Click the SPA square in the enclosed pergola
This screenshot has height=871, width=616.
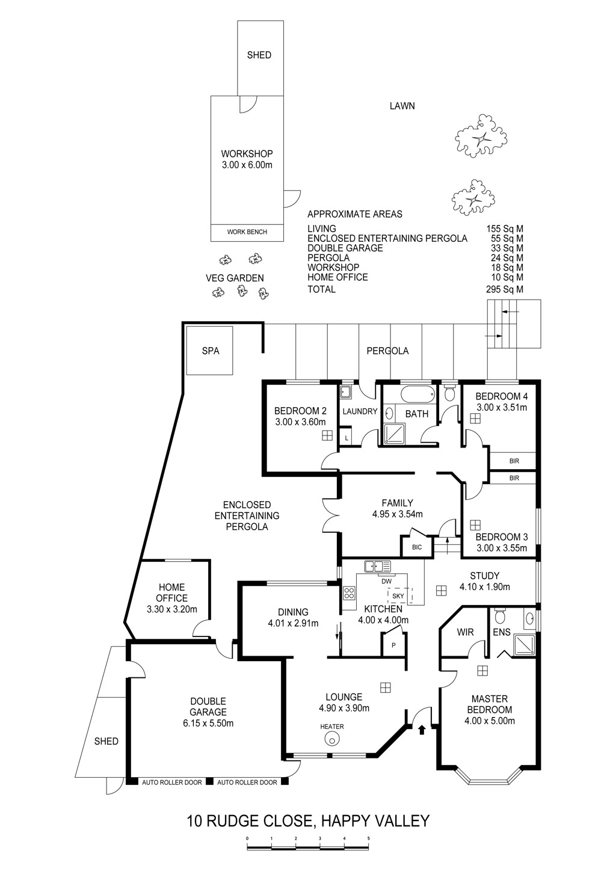210,350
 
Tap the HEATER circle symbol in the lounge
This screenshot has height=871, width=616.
331,740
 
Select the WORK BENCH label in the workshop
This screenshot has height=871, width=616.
247,232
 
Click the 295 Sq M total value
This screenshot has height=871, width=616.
505,289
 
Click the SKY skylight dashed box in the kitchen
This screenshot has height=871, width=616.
398,596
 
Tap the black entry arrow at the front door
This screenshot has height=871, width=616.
421,730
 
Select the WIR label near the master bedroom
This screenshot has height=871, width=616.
465,633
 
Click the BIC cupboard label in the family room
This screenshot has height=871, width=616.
417,547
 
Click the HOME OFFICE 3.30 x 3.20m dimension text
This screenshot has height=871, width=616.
172,609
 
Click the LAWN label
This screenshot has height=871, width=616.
402,106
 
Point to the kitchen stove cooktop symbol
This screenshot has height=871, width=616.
349,593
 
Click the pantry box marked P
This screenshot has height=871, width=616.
393,644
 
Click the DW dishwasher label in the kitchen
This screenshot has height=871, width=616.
387,581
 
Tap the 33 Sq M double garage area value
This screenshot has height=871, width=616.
505,248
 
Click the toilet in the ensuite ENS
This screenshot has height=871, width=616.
499,617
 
